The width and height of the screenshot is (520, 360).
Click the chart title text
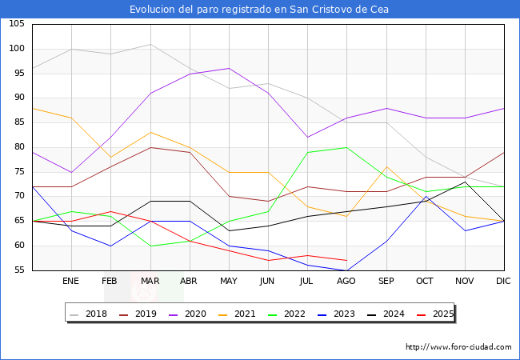[x=260, y=9]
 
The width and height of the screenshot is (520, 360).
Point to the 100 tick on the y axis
[x=16, y=49]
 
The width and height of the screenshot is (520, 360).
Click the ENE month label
[x=71, y=282]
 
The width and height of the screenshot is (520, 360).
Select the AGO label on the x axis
[x=346, y=282]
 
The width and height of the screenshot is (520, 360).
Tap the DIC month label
[x=503, y=282]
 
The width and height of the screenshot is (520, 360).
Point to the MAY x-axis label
[x=229, y=282]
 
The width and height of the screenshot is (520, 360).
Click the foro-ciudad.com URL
[x=458, y=347]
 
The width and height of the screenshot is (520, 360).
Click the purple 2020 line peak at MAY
[x=229, y=68]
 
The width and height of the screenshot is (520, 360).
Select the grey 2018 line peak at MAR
[x=150, y=44]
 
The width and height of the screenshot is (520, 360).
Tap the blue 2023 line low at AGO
[x=346, y=270]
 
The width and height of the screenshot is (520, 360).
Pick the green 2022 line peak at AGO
[x=346, y=147]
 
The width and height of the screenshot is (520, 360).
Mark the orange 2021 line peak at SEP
[x=386, y=167]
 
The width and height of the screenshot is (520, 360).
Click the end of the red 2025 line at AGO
[x=346, y=261]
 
